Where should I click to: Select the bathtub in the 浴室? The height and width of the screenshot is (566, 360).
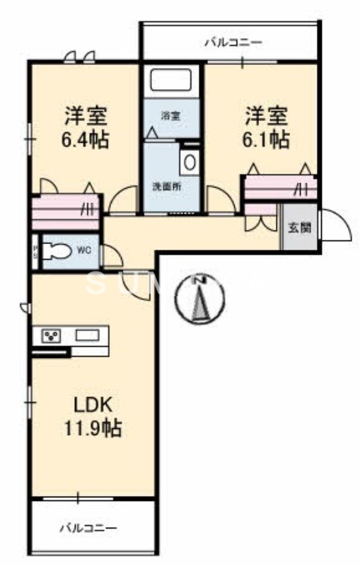[171, 80]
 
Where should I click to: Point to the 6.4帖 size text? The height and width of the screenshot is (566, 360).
[84, 139]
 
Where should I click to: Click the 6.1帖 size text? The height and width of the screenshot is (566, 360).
[265, 139]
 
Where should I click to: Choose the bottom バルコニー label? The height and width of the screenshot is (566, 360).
[88, 528]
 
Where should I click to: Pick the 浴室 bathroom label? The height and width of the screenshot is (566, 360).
[168, 115]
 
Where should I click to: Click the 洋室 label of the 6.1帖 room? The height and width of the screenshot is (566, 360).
[267, 114]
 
